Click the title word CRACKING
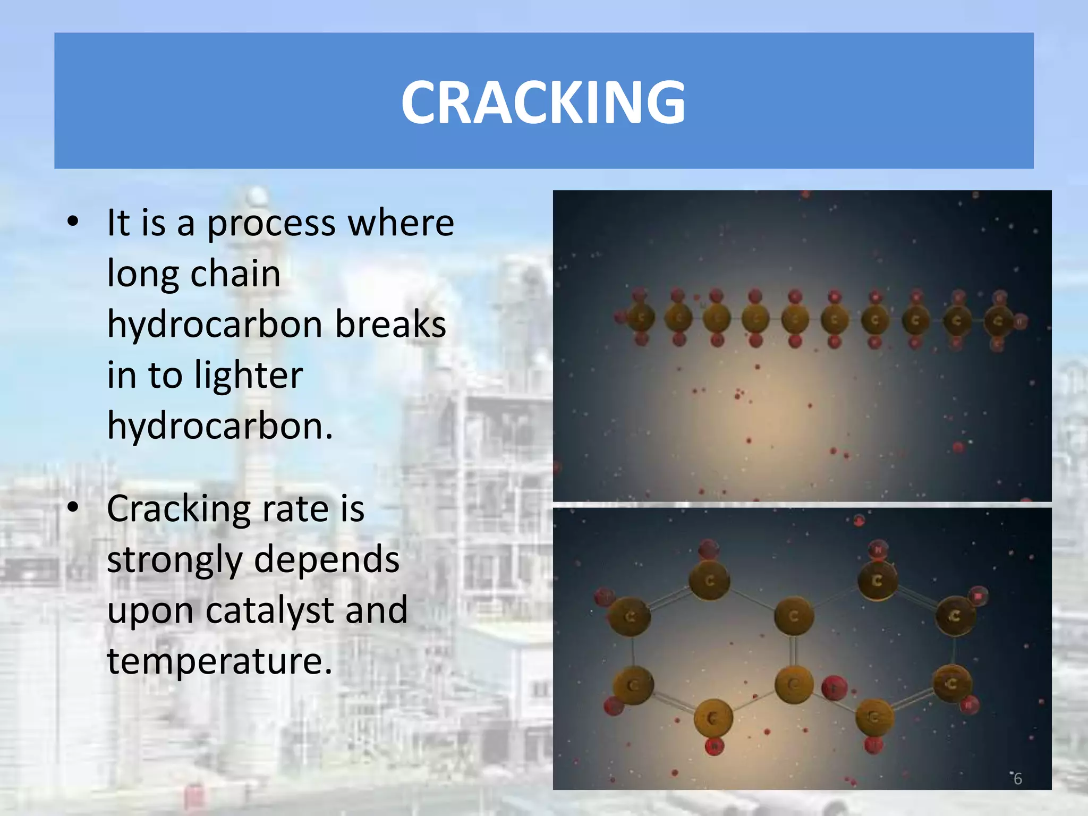[x=543, y=102]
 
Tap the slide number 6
[x=1017, y=779]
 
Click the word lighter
[x=249, y=375]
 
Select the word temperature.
[x=219, y=661]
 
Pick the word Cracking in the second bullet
[x=178, y=509]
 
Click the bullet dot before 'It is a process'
[x=73, y=222]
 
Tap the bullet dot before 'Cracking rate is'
[x=73, y=507]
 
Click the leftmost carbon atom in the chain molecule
[x=641, y=318]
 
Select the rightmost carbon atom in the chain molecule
[x=998, y=321]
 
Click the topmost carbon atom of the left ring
[x=709, y=581]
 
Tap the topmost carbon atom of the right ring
[x=877, y=581]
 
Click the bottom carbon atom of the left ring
[x=713, y=718]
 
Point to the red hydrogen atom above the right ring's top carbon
[x=878, y=550]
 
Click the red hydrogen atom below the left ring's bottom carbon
[x=715, y=746]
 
